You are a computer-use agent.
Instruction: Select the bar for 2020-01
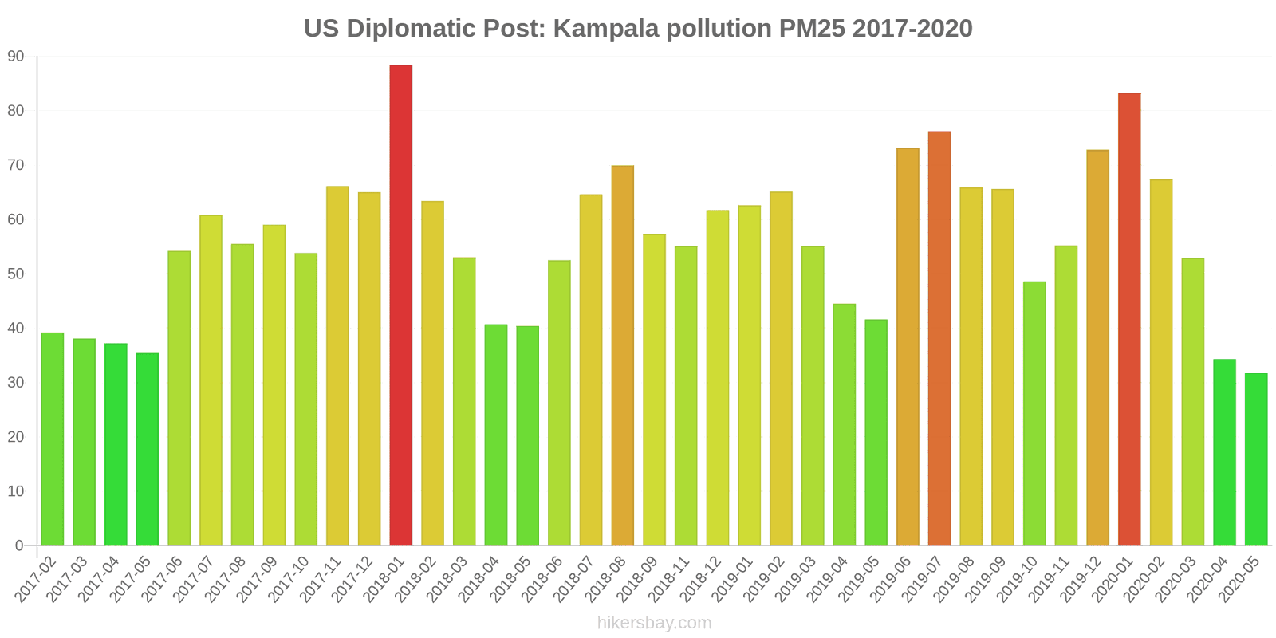click(1129, 319)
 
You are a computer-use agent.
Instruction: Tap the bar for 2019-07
click(939, 338)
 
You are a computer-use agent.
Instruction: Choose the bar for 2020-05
click(1256, 459)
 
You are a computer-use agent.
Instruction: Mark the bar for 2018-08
click(623, 356)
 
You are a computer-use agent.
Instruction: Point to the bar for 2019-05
click(876, 432)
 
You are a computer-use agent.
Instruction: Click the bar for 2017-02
click(53, 439)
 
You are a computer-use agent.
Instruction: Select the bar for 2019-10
click(1034, 413)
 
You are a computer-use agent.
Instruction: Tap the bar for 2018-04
click(496, 435)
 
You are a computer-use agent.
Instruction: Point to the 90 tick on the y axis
click(16, 57)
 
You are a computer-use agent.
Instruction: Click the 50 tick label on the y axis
click(16, 274)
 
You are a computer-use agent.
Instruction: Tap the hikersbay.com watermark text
click(654, 623)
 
